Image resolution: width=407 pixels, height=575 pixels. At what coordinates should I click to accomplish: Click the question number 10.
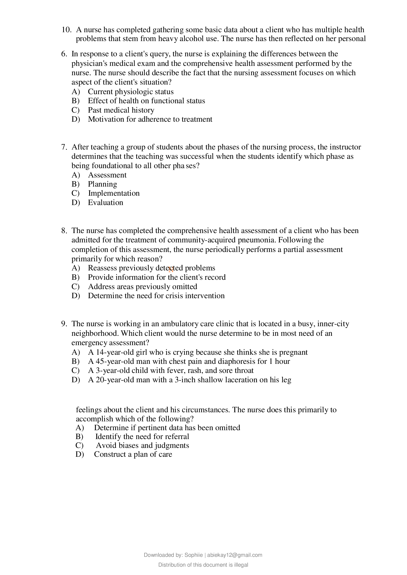pos(66,30)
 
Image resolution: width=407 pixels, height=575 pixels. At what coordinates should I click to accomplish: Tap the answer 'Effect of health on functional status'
pos(146,101)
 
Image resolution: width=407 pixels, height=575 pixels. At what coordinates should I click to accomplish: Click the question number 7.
pos(64,147)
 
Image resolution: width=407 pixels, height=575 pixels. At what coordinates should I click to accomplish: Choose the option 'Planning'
pos(102,184)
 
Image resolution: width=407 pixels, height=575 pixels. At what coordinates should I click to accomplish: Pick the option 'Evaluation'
pos(105,203)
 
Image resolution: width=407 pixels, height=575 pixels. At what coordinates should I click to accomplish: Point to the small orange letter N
pos(171,270)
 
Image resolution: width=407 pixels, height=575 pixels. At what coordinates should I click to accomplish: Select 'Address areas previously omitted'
pos(142,286)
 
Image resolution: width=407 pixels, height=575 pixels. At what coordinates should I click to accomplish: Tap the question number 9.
pos(64,324)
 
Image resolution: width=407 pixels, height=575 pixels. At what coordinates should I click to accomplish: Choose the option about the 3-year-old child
pos(171,370)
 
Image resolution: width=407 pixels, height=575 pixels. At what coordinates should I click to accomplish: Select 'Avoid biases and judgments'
pos(142,445)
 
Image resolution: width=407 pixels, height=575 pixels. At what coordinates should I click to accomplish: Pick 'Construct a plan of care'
pos(133,454)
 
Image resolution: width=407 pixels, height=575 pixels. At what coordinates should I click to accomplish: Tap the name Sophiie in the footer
pos(193,555)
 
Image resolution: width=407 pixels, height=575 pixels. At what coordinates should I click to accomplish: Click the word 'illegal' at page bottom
pos(241,565)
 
